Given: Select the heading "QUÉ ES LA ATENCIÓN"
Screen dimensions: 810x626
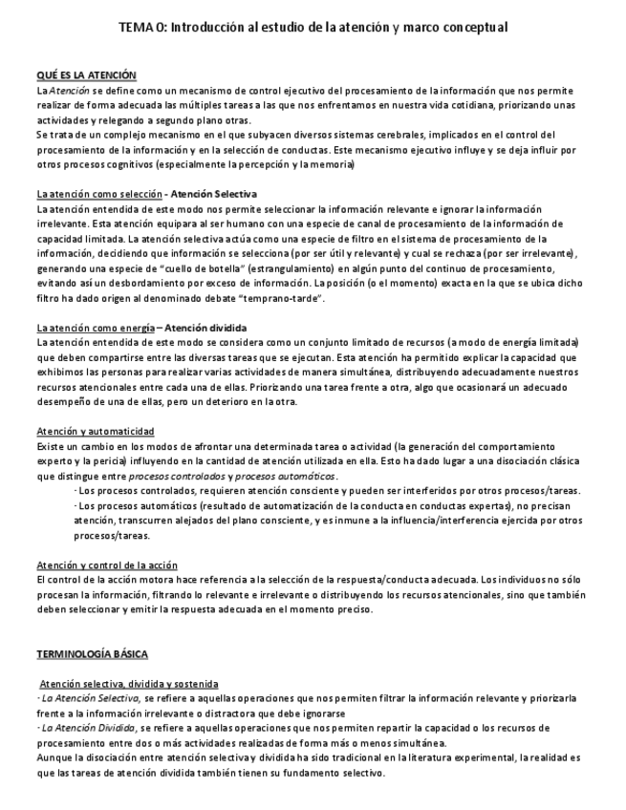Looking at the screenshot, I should point(86,75).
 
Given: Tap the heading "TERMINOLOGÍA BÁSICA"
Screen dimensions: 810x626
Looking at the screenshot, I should point(92,654).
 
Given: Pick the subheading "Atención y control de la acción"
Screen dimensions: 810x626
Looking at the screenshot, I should point(106,565).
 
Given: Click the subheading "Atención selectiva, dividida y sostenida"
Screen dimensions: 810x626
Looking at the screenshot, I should point(129,684).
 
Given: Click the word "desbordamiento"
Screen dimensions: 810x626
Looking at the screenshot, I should point(137,284).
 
